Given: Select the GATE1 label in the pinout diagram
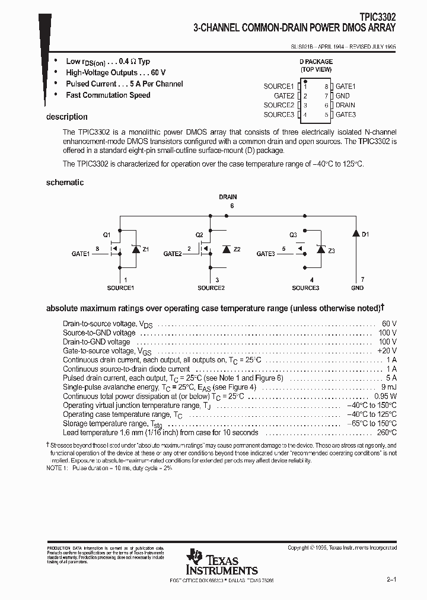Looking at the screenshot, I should tap(345, 87).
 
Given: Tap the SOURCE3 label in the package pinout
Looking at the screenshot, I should tap(279, 115).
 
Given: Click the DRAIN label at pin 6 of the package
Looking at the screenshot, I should tap(345, 106).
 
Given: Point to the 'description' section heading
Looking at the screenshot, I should tap(66, 117).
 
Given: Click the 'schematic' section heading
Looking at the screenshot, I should tap(65, 183).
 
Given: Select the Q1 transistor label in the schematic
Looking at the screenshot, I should tap(107, 235).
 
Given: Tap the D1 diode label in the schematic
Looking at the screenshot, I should tap(365, 235).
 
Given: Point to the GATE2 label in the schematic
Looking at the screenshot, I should tap(172, 254).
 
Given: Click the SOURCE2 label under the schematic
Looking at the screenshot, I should tap(211, 288).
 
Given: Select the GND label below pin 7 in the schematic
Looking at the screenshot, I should tap(357, 288).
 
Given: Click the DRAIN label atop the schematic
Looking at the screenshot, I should tap(228, 196).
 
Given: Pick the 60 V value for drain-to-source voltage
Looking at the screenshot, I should tap(389, 324).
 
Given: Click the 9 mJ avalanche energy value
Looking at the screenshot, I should tap(389, 386).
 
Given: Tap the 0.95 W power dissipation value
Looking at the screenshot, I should tap(385, 395).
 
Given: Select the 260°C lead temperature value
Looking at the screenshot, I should tap(387, 432).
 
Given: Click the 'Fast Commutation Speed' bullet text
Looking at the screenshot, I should tap(108, 95).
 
